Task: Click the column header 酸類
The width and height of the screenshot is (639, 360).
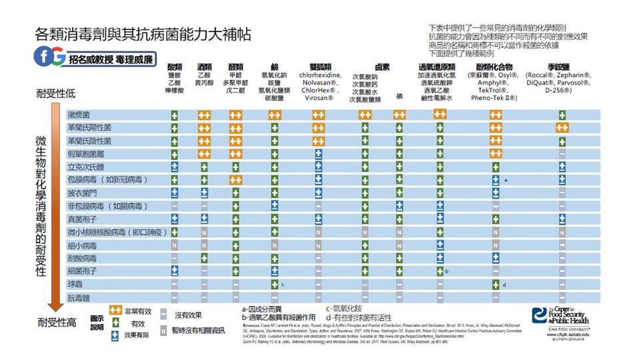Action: tap(175, 67)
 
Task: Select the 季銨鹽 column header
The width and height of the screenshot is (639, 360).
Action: tap(561, 67)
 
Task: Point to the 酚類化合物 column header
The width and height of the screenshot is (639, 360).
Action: tap(494, 67)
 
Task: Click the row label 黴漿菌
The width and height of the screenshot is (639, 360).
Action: tap(79, 115)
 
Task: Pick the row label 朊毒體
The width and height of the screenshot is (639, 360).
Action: tap(79, 297)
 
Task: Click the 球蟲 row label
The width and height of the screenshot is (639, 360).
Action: tap(75, 284)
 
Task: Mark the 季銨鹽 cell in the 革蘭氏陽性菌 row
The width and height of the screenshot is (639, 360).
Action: tap(562, 127)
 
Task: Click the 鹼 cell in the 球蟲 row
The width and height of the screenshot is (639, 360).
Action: tap(274, 284)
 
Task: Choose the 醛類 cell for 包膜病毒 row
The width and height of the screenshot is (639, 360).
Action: tap(235, 180)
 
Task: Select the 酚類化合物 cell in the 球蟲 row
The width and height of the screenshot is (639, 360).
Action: tap(495, 284)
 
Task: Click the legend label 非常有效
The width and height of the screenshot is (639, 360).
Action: tap(137, 311)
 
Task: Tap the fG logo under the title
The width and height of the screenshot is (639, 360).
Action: tap(49, 58)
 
